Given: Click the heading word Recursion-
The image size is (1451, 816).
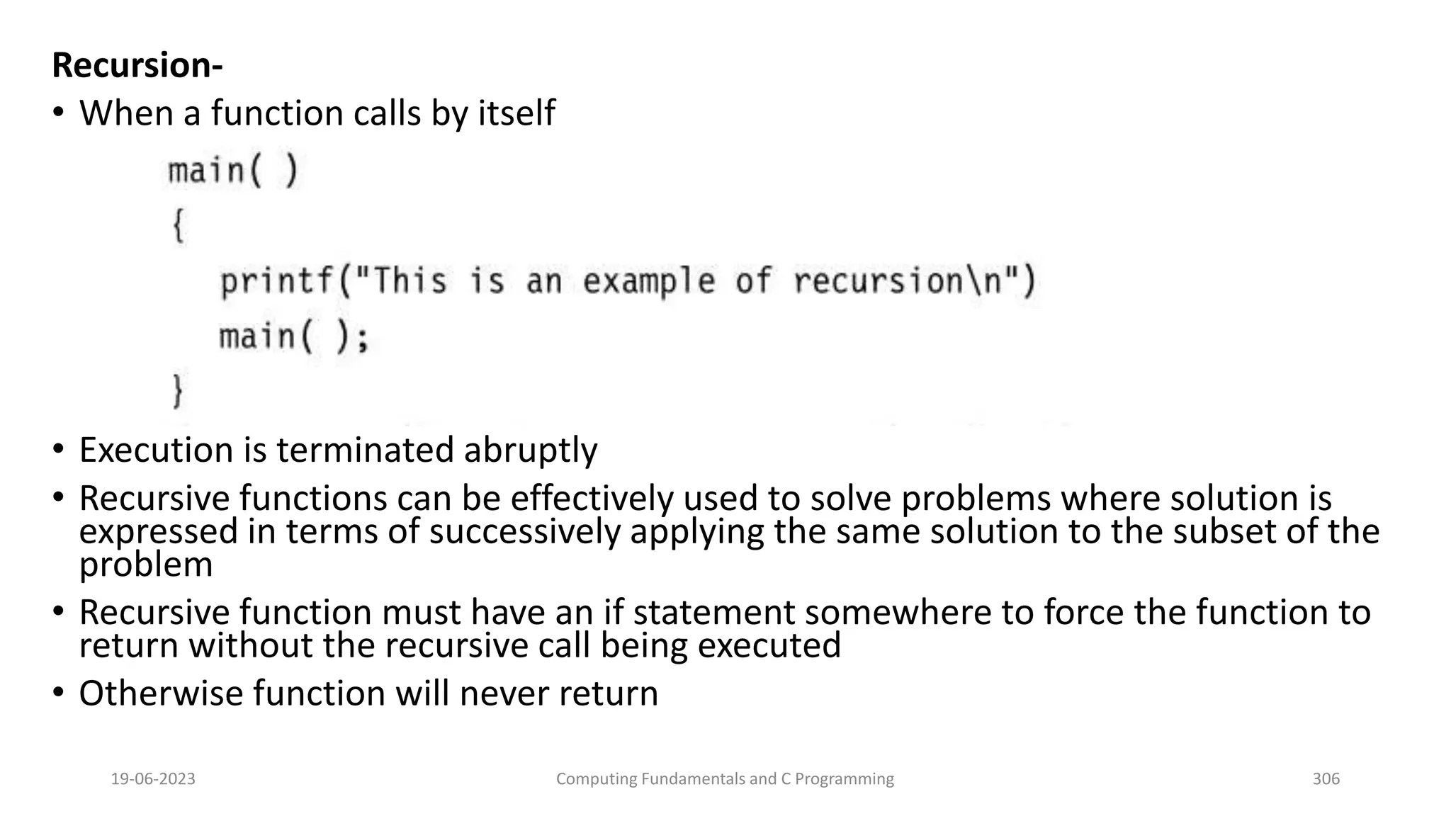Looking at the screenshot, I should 137,66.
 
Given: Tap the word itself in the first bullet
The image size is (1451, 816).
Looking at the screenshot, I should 516,113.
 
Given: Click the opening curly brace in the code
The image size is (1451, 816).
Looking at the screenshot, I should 179,227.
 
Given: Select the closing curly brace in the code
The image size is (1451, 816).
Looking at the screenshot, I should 179,391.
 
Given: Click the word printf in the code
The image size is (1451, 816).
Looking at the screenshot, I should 276,282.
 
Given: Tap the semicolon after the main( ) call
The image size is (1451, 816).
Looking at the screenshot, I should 363,338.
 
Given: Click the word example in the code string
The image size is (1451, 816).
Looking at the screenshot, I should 648,282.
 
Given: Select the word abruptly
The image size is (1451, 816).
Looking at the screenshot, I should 531,450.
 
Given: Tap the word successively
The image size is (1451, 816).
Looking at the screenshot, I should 525,531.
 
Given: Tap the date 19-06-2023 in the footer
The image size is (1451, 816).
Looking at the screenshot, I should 153,779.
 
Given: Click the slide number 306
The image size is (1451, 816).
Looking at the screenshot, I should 1326,779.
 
